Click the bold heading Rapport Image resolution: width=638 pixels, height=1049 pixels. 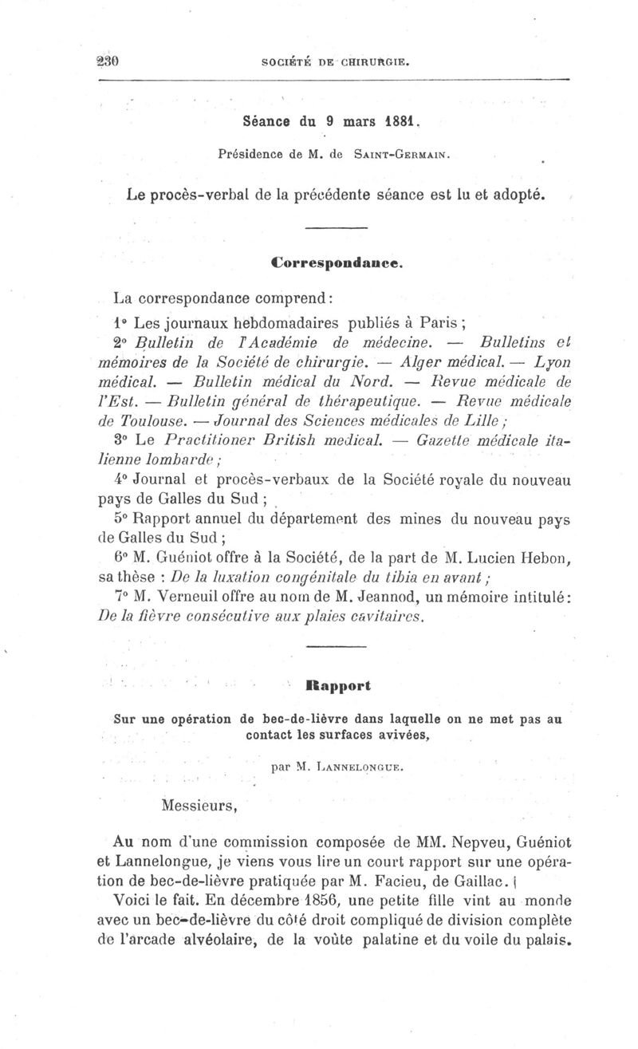point(338,684)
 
